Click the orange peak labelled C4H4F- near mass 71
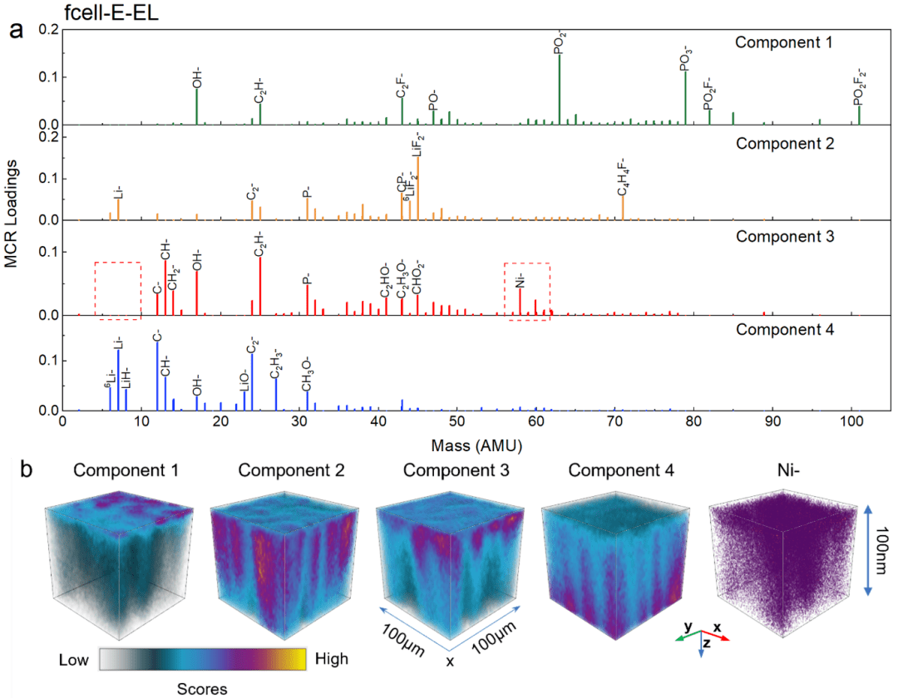[x=623, y=208]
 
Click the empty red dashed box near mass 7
[x=117, y=290]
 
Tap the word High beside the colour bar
[x=332, y=659]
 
